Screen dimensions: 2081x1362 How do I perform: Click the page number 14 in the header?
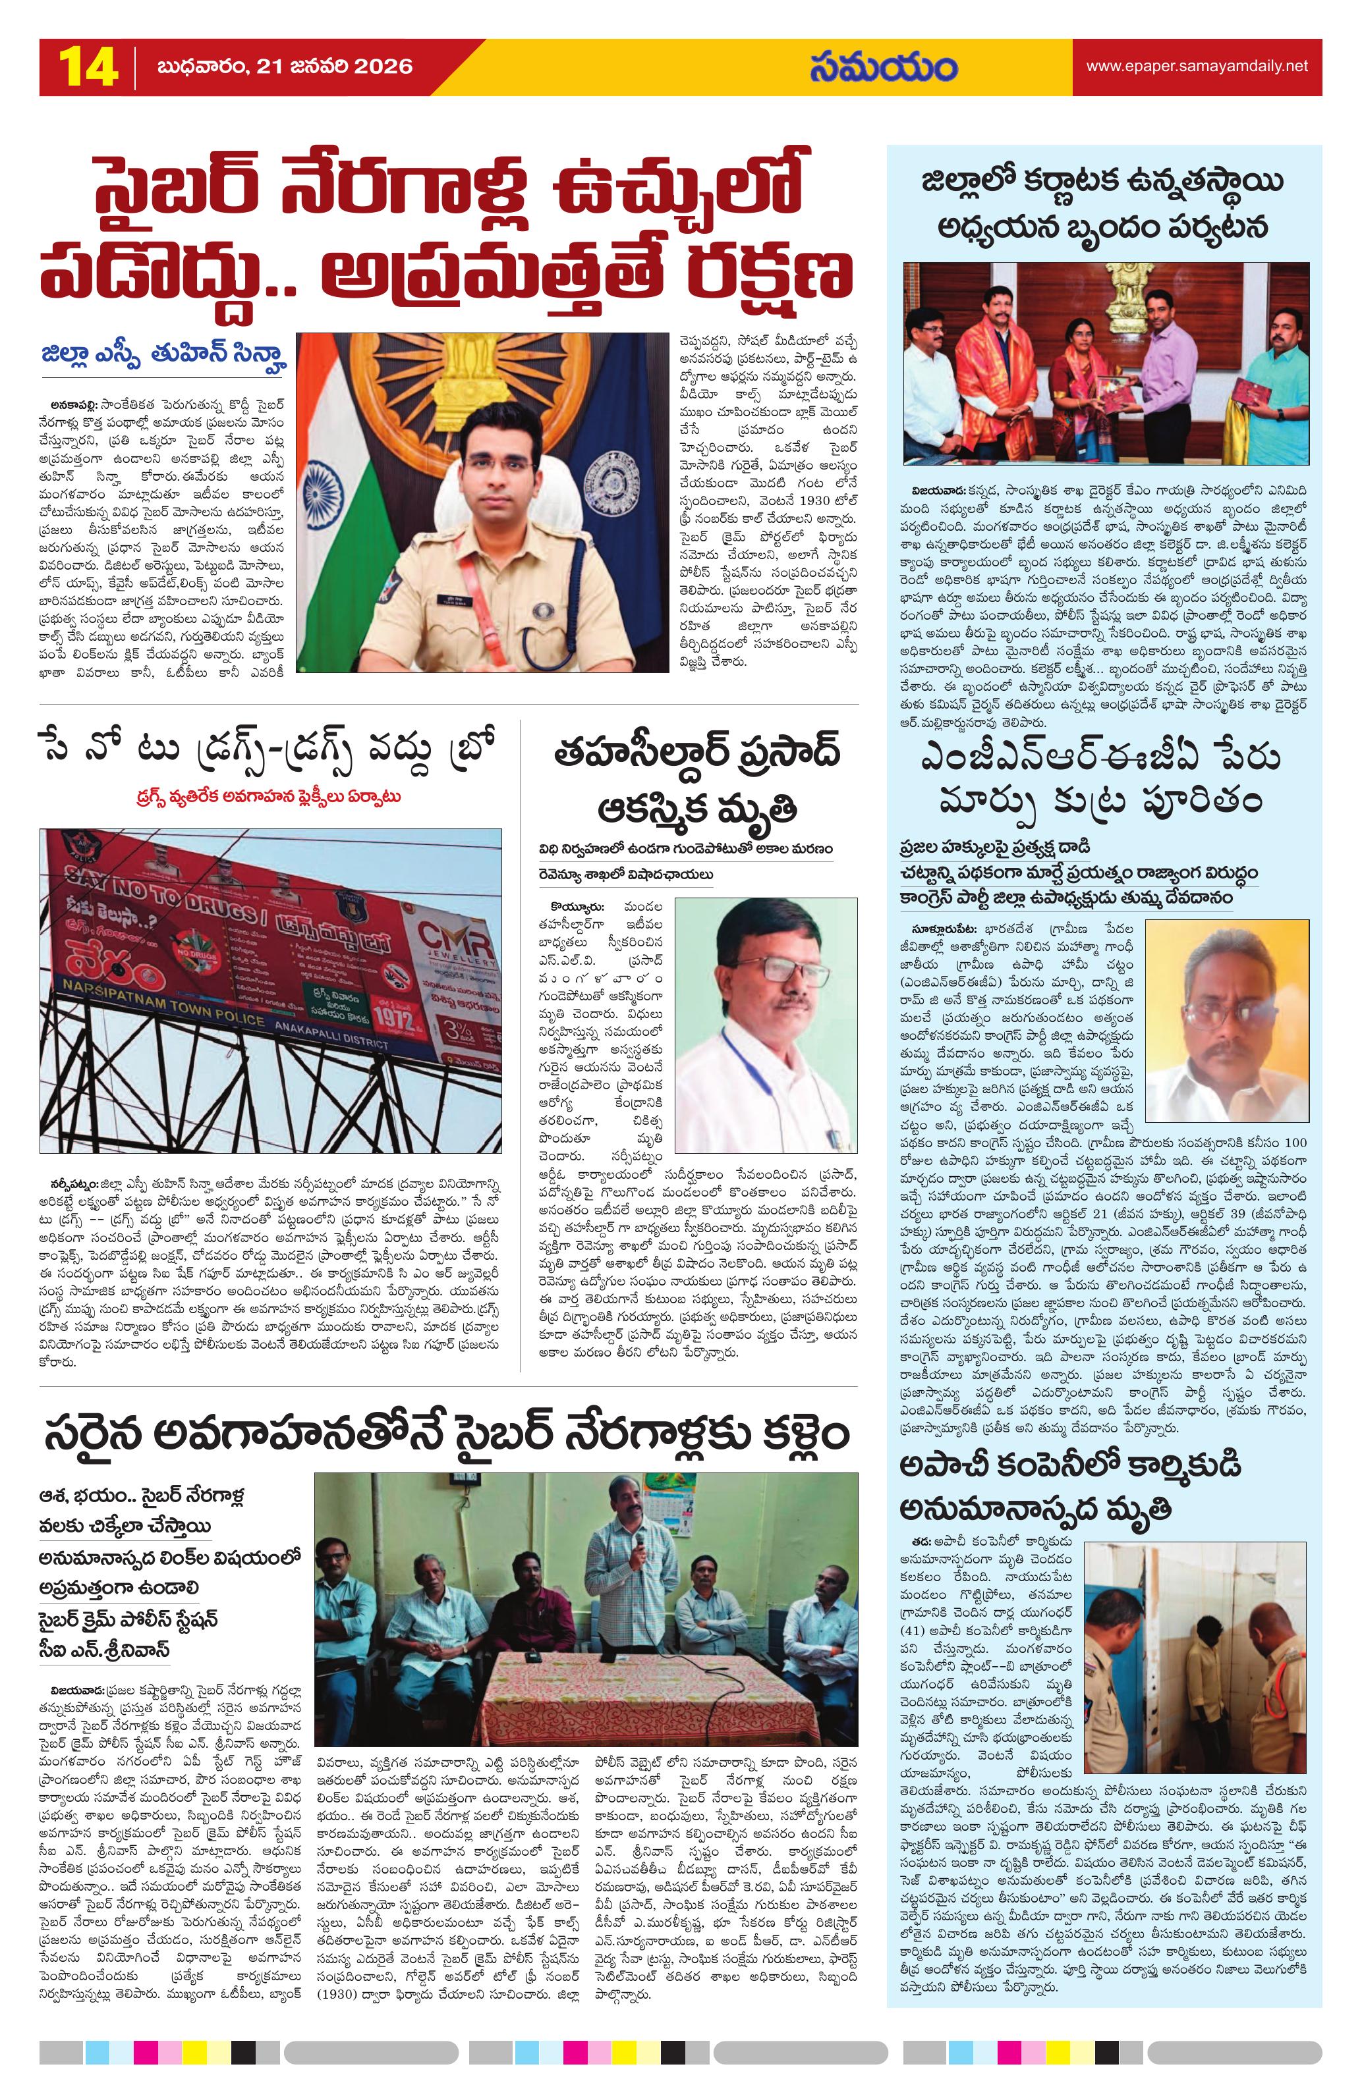pos(88,67)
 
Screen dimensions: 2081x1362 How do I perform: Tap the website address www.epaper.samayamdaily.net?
pos(1196,66)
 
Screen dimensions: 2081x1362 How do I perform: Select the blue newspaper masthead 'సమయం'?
pos(882,67)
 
